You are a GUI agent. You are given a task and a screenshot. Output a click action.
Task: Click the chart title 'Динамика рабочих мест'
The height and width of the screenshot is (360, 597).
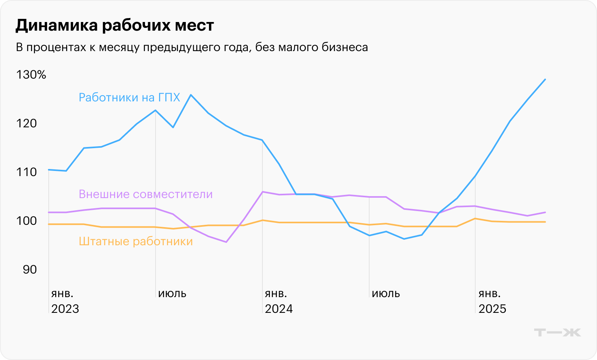[x=115, y=26]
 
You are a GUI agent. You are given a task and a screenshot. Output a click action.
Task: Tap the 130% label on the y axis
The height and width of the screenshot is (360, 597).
[x=31, y=75]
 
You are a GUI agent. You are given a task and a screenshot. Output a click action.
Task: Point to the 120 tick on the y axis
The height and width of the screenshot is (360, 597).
[x=27, y=123]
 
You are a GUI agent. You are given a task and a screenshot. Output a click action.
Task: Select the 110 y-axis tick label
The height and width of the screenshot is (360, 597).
[x=27, y=172]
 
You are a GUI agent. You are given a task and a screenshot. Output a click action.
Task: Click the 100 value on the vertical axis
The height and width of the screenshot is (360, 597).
[x=27, y=221]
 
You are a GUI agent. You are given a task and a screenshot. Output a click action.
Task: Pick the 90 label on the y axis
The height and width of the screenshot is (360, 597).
[x=29, y=270]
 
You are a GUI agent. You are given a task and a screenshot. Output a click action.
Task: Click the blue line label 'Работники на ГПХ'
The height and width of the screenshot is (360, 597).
[x=129, y=97]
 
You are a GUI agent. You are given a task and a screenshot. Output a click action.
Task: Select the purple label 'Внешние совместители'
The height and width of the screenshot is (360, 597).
[x=146, y=194]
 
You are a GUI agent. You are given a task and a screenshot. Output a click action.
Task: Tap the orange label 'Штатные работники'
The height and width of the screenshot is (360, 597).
[x=136, y=241]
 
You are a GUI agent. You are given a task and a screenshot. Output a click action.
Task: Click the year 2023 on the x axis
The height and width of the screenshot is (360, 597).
[x=65, y=309]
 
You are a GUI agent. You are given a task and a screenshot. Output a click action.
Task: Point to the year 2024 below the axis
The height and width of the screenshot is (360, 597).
[x=279, y=309]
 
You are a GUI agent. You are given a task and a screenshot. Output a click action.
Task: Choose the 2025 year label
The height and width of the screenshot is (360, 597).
[x=493, y=309]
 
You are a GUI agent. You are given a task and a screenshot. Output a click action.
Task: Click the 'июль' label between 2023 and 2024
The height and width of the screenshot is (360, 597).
[x=172, y=294]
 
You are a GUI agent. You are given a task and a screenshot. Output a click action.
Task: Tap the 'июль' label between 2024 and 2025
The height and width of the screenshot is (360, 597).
[x=386, y=294]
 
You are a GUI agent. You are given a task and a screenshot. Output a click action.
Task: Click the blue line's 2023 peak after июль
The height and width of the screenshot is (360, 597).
[x=191, y=95]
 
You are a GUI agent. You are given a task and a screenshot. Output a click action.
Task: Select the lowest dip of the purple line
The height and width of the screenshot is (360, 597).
[x=226, y=242]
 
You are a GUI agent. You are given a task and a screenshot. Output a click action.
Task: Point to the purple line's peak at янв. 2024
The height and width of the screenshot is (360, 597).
[x=262, y=192]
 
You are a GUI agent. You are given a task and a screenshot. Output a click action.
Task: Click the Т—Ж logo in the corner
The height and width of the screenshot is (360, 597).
[x=557, y=332]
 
